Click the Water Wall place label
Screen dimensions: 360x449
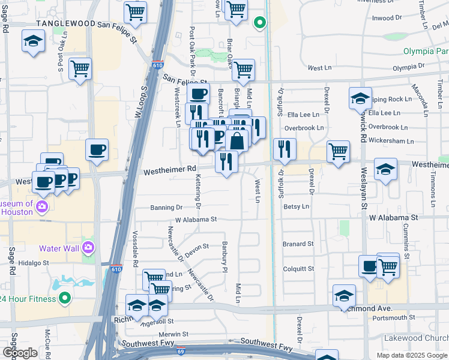59,248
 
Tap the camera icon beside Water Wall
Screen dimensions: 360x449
88,247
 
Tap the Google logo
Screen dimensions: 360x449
19,353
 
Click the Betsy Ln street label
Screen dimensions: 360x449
296,206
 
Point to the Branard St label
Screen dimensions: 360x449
298,244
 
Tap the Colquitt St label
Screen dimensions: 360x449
298,269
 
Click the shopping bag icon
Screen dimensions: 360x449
237,141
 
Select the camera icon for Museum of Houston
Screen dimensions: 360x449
42,207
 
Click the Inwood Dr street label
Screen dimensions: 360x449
386,18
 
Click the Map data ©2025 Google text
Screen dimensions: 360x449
411,355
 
